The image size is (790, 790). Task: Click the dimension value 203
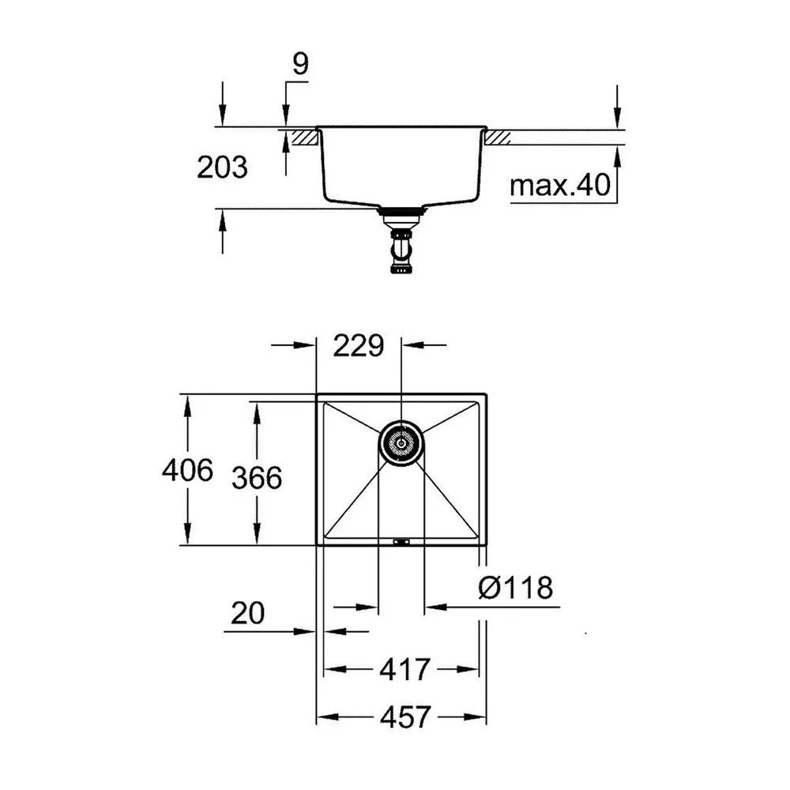coord(222,167)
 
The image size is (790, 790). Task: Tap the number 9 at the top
coord(300,64)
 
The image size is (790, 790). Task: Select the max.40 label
coord(560,185)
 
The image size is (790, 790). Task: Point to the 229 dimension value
coord(358,346)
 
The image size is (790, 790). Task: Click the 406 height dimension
coord(187,470)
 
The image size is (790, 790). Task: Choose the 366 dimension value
coord(257,477)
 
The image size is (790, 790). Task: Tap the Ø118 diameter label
coord(515,588)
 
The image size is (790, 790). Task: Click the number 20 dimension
coord(247,613)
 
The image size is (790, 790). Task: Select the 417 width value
coord(404,670)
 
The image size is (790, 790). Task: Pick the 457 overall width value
coord(405,717)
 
